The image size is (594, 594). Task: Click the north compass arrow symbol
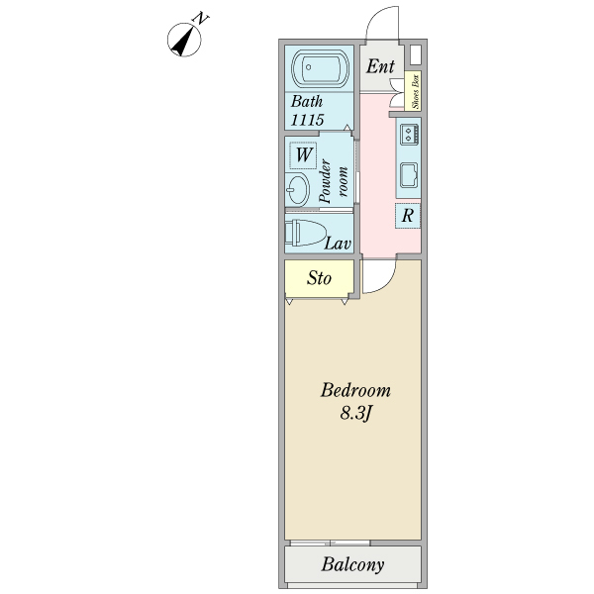pos(184,41)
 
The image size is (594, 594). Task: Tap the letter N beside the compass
pos(202,19)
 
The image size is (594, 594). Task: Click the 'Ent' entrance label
pos(380,66)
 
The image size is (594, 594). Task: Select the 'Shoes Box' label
pos(417,91)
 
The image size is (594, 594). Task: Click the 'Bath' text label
pos(306,101)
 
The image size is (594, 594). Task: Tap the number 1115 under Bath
pos(308,119)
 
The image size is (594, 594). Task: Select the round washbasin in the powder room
pos(297,188)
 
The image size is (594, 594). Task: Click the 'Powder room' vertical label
pos(334,178)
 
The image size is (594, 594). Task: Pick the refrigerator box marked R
pos(408,216)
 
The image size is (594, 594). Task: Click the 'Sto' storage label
pos(318,278)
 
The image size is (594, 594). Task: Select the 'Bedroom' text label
pos(355,390)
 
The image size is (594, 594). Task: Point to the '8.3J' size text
pos(355,413)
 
